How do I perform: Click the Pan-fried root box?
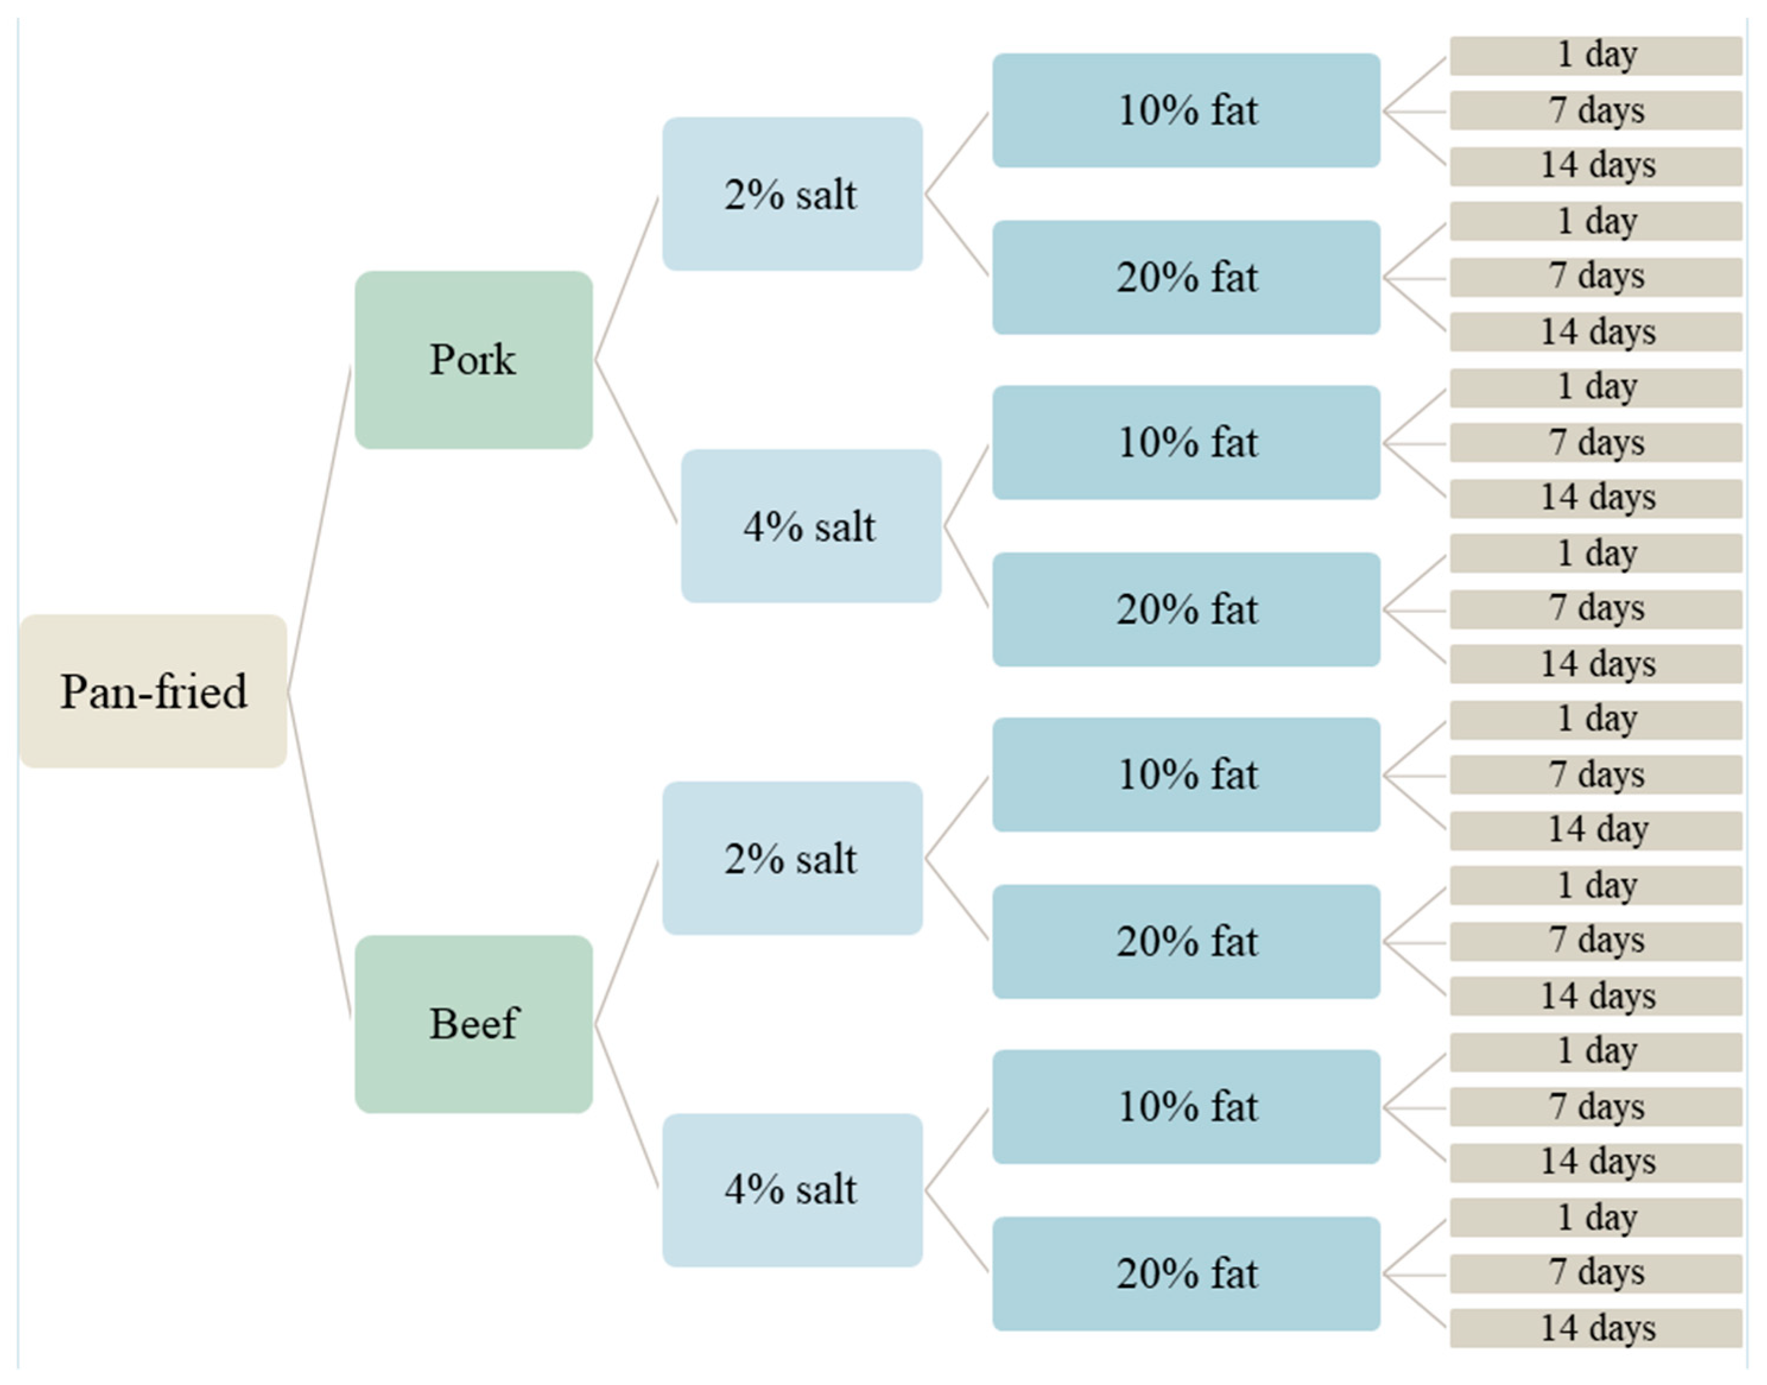click(153, 691)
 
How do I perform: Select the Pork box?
click(474, 360)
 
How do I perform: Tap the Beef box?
click(474, 1024)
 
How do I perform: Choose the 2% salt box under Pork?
click(792, 194)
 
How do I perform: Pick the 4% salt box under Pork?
click(811, 526)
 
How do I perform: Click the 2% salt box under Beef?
click(792, 858)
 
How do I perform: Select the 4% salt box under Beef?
click(792, 1190)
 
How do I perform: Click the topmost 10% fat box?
click(1187, 110)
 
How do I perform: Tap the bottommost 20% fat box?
click(1187, 1274)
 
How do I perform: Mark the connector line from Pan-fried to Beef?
click(319, 856)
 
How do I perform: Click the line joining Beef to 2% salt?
click(627, 942)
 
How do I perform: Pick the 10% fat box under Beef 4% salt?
click(1187, 1107)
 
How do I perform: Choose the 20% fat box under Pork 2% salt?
click(1187, 277)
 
